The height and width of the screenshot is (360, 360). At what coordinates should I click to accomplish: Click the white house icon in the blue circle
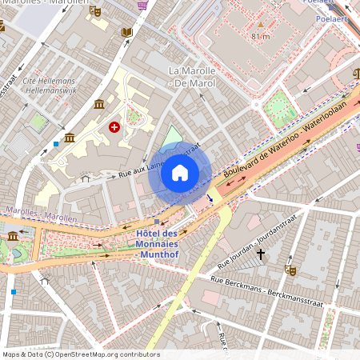(x=180, y=173)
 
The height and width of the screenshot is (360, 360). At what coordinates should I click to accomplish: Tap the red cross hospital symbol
(x=114, y=127)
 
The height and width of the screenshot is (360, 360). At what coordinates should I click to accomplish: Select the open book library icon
(x=126, y=33)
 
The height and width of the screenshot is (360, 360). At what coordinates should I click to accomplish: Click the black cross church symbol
(x=261, y=255)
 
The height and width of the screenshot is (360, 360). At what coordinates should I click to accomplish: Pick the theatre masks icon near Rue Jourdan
(x=290, y=270)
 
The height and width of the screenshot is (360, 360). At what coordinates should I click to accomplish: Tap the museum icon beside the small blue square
(x=70, y=138)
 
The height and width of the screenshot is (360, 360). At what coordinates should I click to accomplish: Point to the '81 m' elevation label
(x=261, y=37)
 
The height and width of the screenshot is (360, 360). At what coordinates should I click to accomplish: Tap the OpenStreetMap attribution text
(x=80, y=354)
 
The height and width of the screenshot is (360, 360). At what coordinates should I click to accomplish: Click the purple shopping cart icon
(x=142, y=5)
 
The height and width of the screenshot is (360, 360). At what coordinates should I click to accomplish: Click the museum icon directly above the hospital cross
(x=98, y=104)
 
